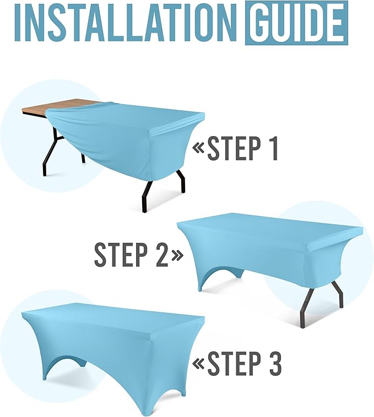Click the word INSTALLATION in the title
126,23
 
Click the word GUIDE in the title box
296,23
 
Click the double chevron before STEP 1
199,148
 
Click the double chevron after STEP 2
177,255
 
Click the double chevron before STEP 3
199,363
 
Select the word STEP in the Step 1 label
234,148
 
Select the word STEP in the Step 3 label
234,363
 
